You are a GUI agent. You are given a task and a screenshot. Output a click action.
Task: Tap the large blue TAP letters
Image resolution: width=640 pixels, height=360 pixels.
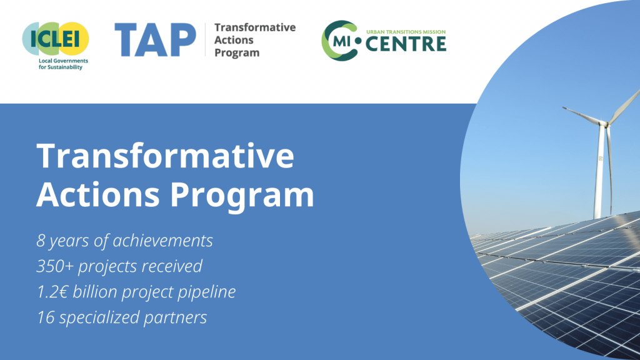point(155,39)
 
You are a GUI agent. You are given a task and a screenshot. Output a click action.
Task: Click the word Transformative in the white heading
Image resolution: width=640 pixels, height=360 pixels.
point(165,157)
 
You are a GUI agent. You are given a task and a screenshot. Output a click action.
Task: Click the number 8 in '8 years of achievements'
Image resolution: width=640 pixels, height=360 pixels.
point(41,241)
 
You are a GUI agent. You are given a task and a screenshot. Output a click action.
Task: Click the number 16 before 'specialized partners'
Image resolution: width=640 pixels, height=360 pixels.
point(45,317)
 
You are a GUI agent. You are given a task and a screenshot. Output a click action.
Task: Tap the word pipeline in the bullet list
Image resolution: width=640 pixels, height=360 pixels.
point(204,292)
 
